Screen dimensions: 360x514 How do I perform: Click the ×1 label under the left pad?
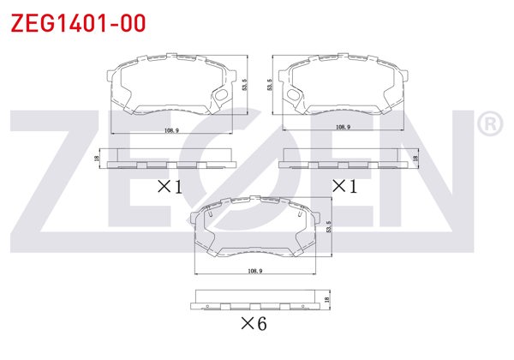click(x=170, y=185)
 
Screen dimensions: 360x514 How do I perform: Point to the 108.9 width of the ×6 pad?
click(x=254, y=271)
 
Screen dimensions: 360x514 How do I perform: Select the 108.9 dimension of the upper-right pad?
click(x=343, y=127)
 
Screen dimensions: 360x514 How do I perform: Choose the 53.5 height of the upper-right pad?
click(x=269, y=86)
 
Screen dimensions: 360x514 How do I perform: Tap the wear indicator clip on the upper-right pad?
click(x=295, y=97)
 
